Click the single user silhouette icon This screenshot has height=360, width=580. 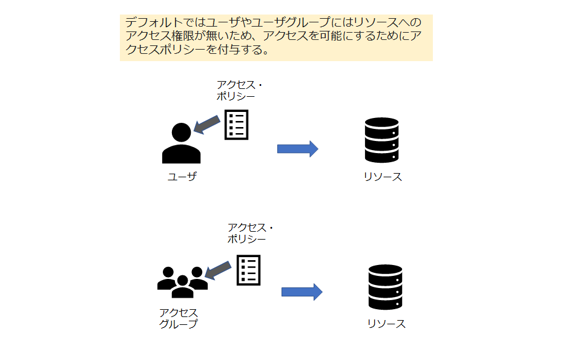point(181,144)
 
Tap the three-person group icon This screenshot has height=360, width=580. point(182,282)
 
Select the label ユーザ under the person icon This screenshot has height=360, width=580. point(182,177)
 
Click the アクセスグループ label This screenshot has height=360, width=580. point(178,318)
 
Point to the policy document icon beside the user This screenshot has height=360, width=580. point(236,124)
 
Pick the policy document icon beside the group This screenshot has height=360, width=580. point(248,270)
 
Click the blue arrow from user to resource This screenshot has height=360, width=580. point(297,149)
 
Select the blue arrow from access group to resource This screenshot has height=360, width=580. point(302,292)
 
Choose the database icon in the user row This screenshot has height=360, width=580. point(381,140)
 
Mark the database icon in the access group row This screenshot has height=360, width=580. point(385,287)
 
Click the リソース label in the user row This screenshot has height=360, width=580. point(383,177)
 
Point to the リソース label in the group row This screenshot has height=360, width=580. point(386,324)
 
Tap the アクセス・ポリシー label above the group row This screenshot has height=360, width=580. point(249,233)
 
